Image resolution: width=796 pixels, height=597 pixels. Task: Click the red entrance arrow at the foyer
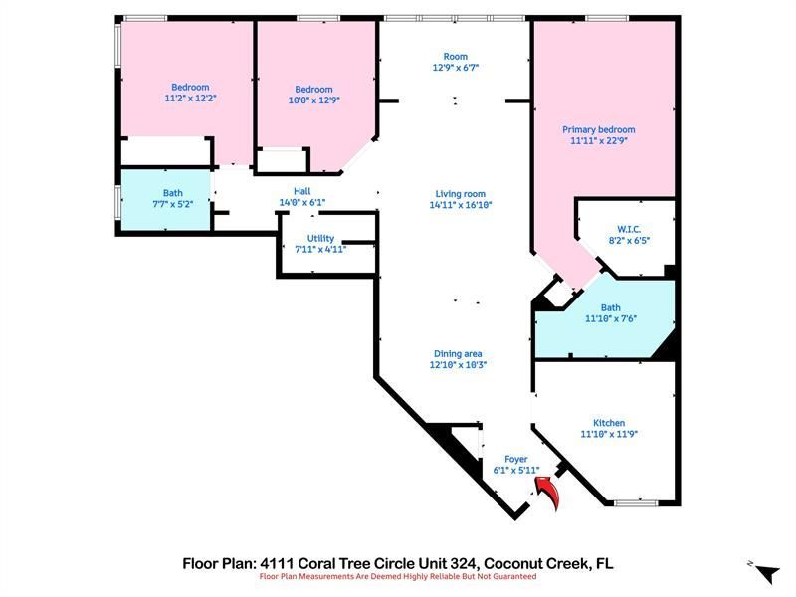547,491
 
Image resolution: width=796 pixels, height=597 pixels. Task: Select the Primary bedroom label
598,130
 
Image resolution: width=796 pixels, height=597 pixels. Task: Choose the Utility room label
320,239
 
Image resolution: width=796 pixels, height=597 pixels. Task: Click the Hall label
302,191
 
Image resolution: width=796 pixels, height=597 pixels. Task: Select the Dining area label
458,353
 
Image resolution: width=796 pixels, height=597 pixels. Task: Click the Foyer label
515,459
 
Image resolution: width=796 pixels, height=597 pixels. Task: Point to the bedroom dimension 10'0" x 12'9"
312,99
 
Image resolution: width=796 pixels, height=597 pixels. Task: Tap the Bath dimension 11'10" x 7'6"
610,319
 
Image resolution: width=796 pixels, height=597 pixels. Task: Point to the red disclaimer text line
398,576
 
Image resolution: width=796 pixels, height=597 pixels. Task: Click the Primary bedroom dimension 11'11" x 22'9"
598,141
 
